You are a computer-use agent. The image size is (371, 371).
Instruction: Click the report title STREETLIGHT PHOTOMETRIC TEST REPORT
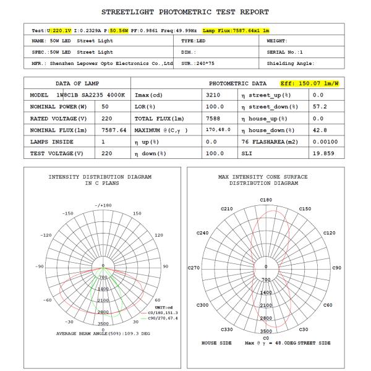[185, 12]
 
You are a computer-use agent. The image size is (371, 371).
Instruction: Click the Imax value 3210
[214, 95]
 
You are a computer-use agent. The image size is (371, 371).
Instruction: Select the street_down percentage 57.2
[318, 107]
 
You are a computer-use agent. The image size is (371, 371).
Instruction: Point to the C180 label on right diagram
[266, 200]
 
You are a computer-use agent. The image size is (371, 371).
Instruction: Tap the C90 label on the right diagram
[337, 268]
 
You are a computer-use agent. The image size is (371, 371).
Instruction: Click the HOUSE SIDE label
[216, 342]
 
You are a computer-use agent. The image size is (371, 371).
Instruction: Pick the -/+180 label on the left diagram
[103, 205]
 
